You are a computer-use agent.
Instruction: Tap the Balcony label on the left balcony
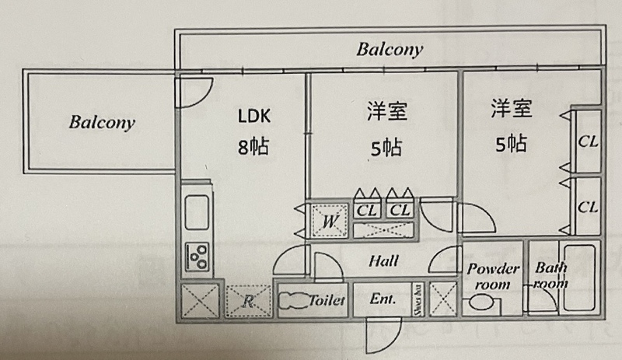pos(102,122)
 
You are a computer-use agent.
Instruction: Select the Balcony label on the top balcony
pos(390,50)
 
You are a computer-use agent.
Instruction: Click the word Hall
pos(384,261)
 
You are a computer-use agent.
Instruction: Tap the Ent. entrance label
pos(383,299)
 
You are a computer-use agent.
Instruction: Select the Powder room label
pos(493,276)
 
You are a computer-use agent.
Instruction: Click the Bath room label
pos(550,276)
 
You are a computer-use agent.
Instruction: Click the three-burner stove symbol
pos(197,254)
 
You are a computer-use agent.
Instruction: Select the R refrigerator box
pos(247,302)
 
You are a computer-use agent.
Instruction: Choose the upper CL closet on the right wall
pos(588,142)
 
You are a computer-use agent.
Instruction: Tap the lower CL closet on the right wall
pos(588,207)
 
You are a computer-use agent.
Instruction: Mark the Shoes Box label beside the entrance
pos(418,299)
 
